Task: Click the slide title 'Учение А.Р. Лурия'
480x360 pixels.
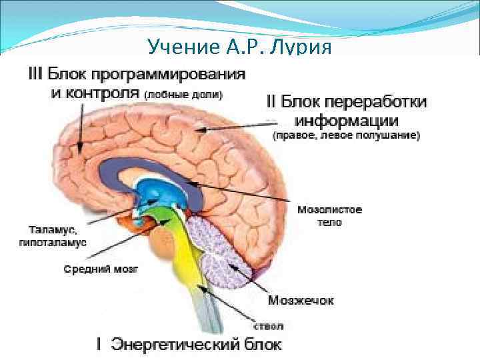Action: point(239,48)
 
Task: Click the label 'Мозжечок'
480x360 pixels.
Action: point(301,300)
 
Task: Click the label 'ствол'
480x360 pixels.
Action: point(269,326)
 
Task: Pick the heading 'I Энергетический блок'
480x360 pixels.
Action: point(189,345)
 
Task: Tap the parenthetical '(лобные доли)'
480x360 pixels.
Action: point(184,95)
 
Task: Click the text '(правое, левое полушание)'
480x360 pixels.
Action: point(346,136)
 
